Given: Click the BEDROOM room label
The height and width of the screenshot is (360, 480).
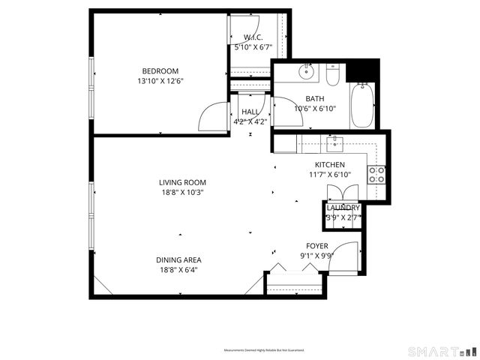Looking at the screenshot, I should pyautogui.click(x=160, y=71).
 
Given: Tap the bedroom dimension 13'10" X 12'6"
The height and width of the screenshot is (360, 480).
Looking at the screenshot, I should pyautogui.click(x=160, y=81).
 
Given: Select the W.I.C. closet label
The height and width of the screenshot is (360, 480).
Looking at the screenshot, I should pyautogui.click(x=251, y=37).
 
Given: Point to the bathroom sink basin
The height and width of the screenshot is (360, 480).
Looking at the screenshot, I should pyautogui.click(x=307, y=73).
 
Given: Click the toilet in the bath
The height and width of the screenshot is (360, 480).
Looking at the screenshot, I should pyautogui.click(x=334, y=73).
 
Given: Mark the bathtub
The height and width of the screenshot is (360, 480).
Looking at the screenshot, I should pyautogui.click(x=364, y=106).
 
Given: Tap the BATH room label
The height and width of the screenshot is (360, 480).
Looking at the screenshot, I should pyautogui.click(x=315, y=98).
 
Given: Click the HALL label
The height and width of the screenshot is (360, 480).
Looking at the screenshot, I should pyautogui.click(x=250, y=112).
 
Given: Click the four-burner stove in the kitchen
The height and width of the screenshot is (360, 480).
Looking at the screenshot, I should pyautogui.click(x=376, y=175).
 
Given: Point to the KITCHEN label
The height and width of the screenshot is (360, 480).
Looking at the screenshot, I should pyautogui.click(x=329, y=165).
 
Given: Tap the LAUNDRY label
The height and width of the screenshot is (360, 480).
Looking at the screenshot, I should pyautogui.click(x=343, y=208).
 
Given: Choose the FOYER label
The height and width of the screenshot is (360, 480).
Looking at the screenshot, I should pyautogui.click(x=316, y=246).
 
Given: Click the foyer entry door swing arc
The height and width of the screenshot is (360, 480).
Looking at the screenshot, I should pyautogui.click(x=343, y=257).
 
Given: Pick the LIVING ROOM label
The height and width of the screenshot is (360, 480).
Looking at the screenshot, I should pyautogui.click(x=182, y=182).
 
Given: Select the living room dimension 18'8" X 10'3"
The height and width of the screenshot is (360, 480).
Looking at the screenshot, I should pyautogui.click(x=182, y=192).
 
